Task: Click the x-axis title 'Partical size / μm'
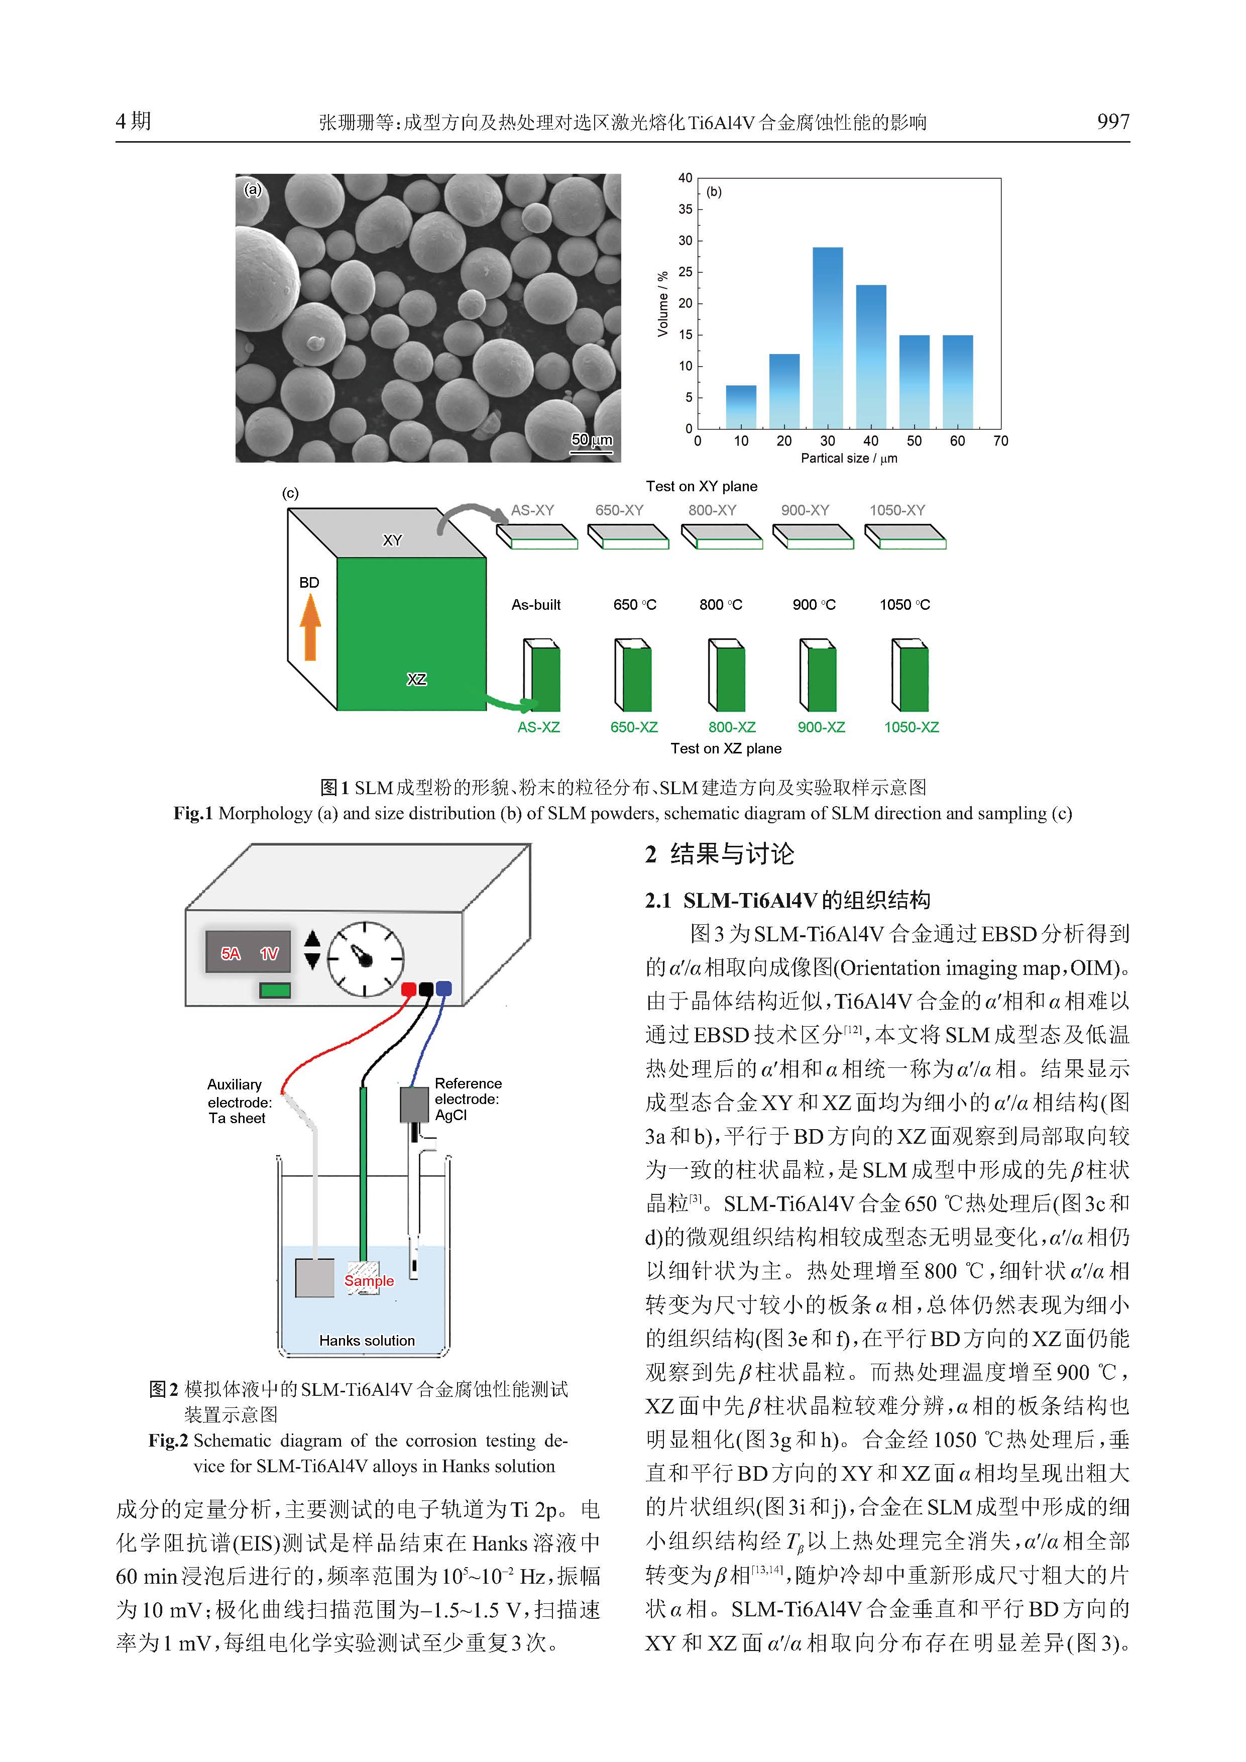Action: tap(849, 458)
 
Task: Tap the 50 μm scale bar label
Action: tap(592, 439)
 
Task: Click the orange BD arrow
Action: tap(310, 628)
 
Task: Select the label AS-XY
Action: tap(532, 510)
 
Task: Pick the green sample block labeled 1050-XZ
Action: tap(911, 676)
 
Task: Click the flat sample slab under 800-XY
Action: tap(721, 536)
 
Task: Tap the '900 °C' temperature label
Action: tap(814, 605)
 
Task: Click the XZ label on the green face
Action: tap(417, 679)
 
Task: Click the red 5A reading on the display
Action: tap(230, 953)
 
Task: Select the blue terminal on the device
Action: tap(443, 988)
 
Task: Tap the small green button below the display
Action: tap(275, 990)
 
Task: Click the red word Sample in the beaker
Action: tap(369, 1281)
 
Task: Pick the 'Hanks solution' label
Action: tap(367, 1341)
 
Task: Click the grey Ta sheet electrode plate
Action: tap(314, 1278)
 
